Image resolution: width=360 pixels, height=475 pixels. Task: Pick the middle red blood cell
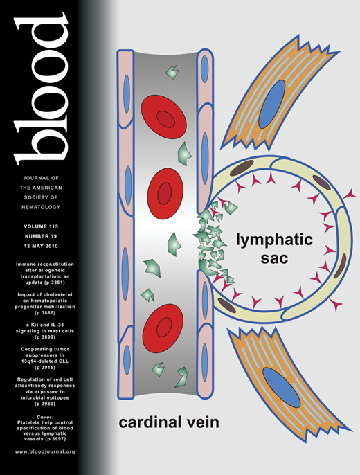[164, 191]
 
